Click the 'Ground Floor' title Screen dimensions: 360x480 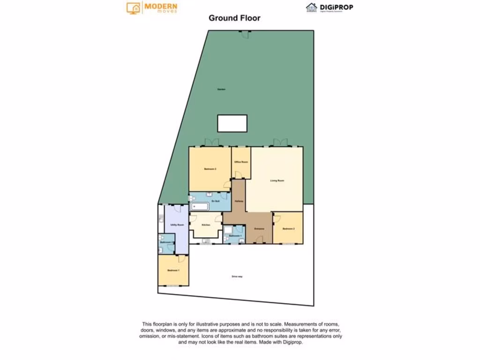(234, 18)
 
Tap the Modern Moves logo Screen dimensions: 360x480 (152, 7)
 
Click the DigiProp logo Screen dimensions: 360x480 (330, 7)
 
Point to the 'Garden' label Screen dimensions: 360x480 (221, 89)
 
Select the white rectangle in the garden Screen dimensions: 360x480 (232, 123)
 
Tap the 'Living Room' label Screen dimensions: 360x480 (277, 180)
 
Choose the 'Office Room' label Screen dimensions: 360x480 (241, 162)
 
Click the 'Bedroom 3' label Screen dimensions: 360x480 (210, 169)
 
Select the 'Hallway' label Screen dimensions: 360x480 (239, 201)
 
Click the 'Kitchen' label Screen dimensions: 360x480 (206, 225)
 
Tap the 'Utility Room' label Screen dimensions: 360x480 (177, 225)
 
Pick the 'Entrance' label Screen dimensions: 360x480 (259, 229)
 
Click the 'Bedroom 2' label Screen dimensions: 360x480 (288, 229)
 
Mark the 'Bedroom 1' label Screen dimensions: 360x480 (173, 270)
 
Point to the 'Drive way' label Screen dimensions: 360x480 (237, 277)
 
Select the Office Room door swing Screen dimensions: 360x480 (238, 175)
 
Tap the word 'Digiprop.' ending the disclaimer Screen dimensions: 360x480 (292, 342)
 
